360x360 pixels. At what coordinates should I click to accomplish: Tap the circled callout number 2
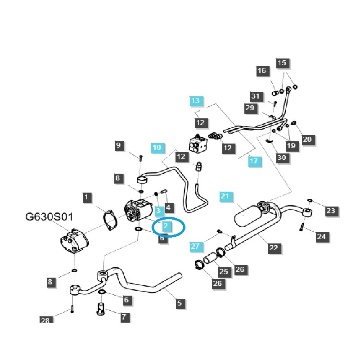click(166, 225)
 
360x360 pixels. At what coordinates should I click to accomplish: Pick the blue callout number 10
click(157, 148)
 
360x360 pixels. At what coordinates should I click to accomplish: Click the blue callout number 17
click(254, 161)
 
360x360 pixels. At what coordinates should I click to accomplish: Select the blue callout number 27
click(194, 246)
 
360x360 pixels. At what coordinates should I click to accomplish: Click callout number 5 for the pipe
click(179, 303)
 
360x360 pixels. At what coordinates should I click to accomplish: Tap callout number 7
click(123, 317)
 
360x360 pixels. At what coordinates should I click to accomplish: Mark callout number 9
click(118, 145)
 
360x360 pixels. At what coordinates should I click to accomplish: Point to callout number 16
click(262, 71)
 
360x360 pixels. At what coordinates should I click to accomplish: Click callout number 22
click(274, 247)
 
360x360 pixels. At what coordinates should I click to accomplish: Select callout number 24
click(322, 236)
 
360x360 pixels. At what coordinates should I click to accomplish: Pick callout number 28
click(45, 320)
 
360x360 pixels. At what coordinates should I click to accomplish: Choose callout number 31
click(256, 96)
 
